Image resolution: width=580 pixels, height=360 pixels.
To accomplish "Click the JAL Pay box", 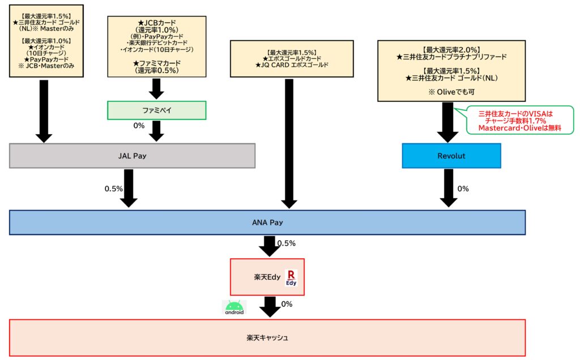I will coord(132,156).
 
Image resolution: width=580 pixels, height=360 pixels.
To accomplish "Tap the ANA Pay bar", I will coord(267,222).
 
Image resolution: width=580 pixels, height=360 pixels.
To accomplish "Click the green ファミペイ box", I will coord(156,110).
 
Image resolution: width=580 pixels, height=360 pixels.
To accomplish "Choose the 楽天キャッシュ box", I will coord(267,338).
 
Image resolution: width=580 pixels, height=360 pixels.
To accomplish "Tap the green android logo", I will coord(234,307).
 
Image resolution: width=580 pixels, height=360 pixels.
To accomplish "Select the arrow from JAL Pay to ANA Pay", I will coord(130,188).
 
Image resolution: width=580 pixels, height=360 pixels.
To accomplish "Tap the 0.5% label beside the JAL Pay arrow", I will coord(113,188).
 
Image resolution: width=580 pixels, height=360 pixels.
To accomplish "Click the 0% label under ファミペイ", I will coord(139,125).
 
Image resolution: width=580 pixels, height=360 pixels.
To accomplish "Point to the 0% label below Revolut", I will coord(463,188).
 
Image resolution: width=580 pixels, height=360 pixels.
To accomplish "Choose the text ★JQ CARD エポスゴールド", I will coord(292,65).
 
